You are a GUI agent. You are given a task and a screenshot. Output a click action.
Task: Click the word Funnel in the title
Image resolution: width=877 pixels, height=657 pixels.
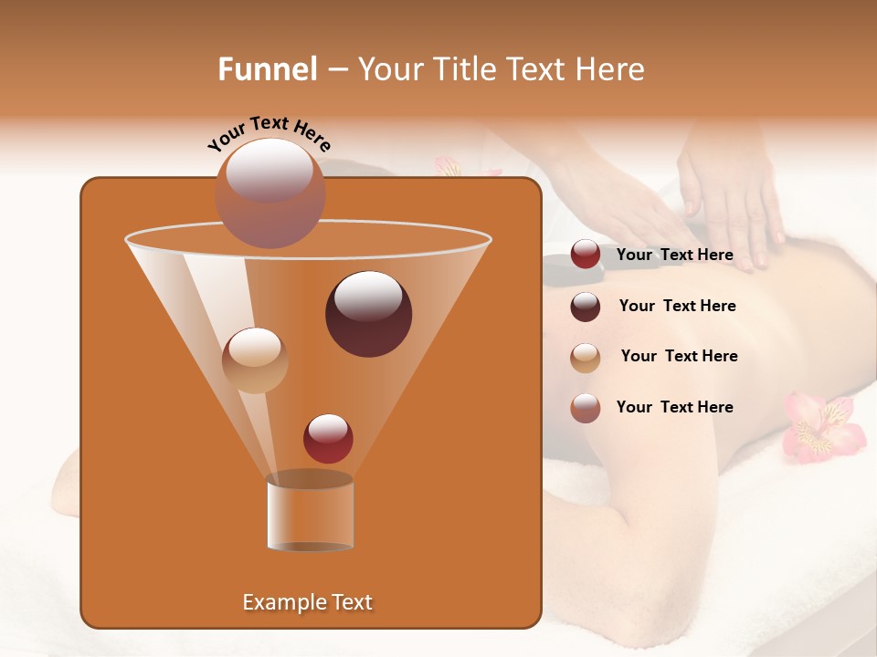click(268, 69)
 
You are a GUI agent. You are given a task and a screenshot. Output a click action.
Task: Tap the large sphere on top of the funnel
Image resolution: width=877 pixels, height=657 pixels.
click(269, 193)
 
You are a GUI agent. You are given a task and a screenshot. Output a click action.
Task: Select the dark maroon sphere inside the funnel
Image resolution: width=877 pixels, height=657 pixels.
click(368, 314)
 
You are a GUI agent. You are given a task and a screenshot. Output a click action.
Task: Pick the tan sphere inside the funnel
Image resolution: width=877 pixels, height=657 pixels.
click(255, 360)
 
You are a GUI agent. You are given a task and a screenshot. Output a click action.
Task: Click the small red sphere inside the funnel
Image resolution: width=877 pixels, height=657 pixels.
click(328, 438)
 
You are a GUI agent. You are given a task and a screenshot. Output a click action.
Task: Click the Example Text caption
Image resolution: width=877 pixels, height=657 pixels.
click(307, 602)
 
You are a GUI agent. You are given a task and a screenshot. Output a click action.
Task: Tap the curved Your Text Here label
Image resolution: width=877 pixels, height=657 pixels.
click(269, 134)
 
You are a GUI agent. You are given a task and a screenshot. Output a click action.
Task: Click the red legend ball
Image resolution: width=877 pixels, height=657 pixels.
click(586, 255)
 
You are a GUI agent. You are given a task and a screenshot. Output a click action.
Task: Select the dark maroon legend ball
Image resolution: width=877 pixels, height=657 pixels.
click(586, 306)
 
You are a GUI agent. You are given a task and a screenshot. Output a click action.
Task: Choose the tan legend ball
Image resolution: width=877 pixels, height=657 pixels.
click(586, 357)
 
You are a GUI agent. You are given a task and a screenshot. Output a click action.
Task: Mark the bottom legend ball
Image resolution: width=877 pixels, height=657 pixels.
click(586, 408)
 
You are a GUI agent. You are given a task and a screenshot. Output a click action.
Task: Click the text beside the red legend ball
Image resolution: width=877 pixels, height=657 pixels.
click(674, 255)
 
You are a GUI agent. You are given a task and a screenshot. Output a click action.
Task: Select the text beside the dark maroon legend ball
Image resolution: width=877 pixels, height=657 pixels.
click(677, 306)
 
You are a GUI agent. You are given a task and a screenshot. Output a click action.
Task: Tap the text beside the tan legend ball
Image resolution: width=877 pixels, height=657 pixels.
click(679, 356)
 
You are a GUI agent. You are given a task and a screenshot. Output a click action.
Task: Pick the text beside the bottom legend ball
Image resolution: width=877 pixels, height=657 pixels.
click(674, 407)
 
